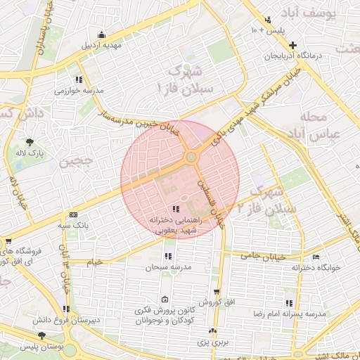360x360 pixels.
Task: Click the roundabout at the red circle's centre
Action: [x=191, y=157]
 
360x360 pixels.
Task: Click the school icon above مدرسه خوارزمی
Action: [x=79, y=79]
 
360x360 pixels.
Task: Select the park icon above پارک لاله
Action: [x=30, y=142]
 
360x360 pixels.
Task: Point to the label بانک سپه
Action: [x=73, y=226]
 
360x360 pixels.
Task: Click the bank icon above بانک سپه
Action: [x=73, y=215]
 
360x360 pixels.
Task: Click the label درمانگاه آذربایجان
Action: [x=292, y=56]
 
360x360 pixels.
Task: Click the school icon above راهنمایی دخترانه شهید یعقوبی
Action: [x=176, y=209]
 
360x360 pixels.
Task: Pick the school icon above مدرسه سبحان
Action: [x=167, y=257]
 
